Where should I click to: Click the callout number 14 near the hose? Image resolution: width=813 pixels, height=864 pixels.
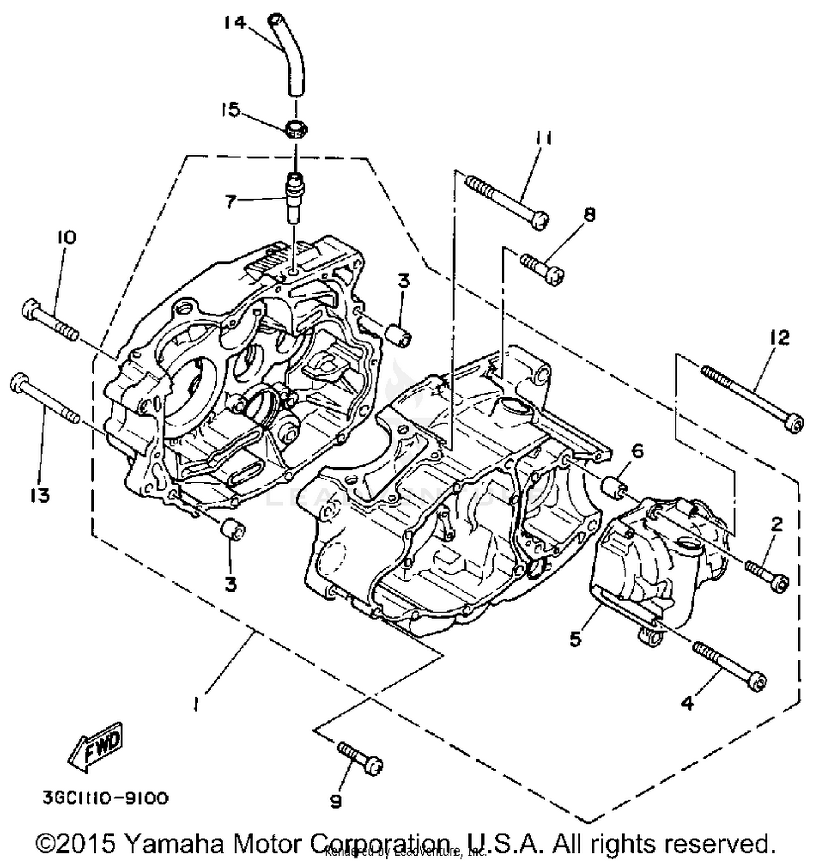point(235,23)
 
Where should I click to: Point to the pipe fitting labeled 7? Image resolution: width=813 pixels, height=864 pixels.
point(296,196)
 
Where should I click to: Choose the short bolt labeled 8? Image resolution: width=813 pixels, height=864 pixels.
point(543,268)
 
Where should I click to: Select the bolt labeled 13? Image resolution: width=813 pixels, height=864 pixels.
point(43,399)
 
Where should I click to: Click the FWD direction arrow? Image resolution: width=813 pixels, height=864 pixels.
point(96,747)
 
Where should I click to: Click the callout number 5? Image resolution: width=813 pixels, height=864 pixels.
point(575,639)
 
